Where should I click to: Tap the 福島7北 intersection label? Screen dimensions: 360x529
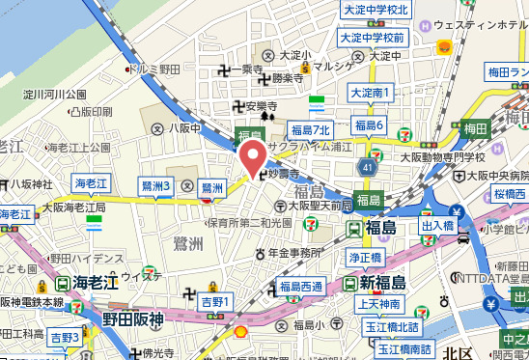[x=311, y=129]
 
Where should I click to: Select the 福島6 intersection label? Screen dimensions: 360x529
[x=370, y=125]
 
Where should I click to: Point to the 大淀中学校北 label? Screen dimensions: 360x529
[x=376, y=10]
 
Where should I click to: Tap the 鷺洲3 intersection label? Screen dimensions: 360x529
[x=155, y=184]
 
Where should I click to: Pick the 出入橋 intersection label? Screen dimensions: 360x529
[x=437, y=226]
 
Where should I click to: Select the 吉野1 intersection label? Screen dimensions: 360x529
[x=217, y=303]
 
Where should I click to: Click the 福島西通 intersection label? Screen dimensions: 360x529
[x=302, y=286]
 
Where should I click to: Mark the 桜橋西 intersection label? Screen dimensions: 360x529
[x=511, y=194]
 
